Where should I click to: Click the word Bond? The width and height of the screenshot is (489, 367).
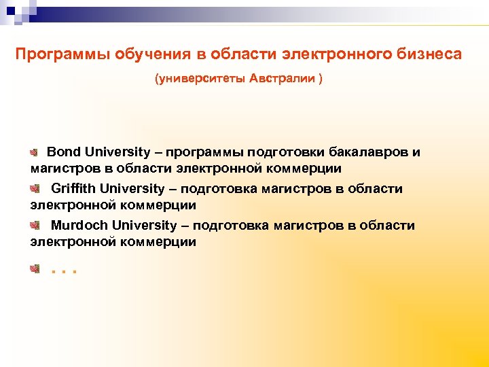[63, 152]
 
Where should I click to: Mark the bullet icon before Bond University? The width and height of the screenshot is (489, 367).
[35, 152]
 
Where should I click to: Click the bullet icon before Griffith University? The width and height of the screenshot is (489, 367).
[35, 188]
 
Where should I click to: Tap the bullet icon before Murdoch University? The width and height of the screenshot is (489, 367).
[35, 225]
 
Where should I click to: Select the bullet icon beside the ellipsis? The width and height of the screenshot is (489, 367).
[35, 270]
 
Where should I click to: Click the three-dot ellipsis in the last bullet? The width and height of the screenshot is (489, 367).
[65, 271]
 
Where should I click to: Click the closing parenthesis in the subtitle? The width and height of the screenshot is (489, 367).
[321, 79]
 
